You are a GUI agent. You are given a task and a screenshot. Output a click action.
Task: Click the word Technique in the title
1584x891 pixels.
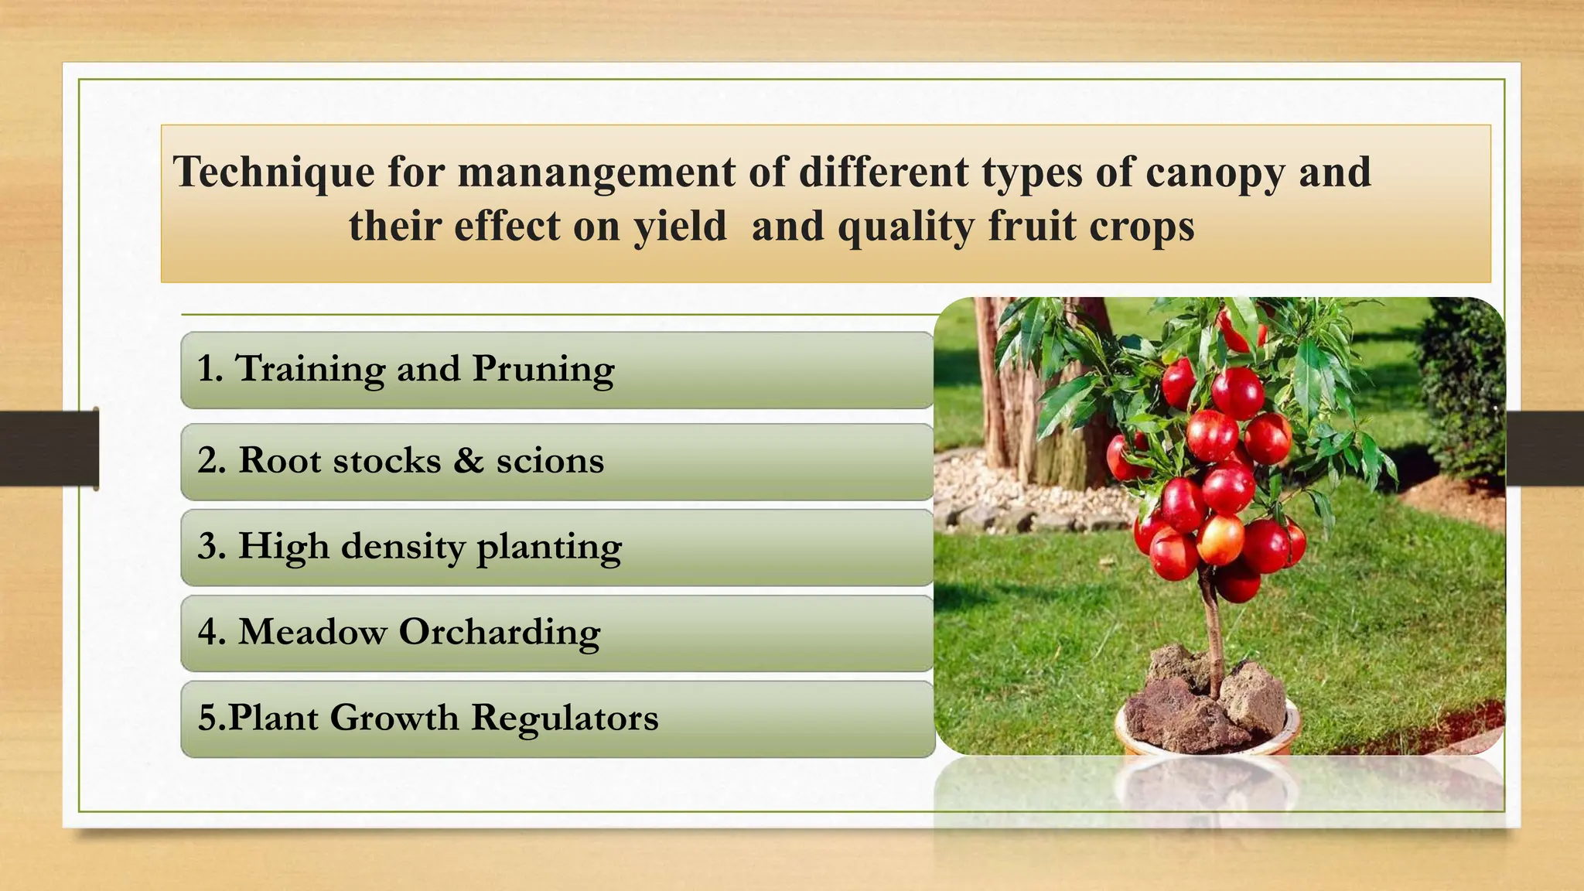(273, 172)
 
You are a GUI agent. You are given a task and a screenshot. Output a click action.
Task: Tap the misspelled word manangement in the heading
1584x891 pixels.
(596, 172)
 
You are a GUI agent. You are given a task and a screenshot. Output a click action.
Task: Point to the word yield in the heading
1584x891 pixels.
(680, 227)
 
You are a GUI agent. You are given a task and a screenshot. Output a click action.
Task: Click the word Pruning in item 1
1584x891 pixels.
(543, 369)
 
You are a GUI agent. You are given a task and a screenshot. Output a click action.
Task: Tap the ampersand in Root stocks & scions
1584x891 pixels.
(468, 460)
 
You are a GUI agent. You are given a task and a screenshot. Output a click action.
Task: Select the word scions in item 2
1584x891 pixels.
(550, 461)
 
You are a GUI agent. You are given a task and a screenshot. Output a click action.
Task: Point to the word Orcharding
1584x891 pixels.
(499, 633)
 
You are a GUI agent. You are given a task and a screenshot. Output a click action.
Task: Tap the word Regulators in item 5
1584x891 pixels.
(565, 718)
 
